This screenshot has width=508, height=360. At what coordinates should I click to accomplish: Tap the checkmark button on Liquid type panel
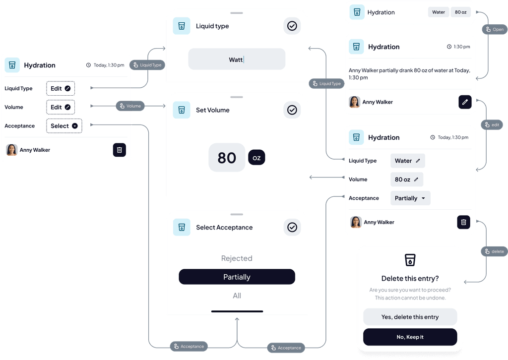coord(292,26)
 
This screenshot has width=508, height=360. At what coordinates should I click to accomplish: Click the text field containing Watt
coord(237,60)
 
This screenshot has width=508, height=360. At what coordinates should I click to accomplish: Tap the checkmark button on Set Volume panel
coord(292,110)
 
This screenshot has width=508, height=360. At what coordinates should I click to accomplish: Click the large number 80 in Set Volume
coord(227,158)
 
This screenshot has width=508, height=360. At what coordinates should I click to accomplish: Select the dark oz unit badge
coord(256,158)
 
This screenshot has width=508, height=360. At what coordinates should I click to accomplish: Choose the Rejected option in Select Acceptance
coord(237,258)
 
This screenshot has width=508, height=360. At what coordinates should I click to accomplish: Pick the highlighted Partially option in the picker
coord(237,277)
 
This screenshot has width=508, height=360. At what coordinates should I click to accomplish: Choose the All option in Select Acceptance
coord(237,296)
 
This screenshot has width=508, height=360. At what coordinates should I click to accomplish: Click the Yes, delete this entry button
coord(410,317)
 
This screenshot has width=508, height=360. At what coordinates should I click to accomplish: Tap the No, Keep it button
coord(410,337)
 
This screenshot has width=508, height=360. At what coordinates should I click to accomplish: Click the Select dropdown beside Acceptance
coord(64,126)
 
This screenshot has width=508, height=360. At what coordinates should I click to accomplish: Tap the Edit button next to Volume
coord(61,107)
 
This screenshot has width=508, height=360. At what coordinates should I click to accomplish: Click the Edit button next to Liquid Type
coord(61,88)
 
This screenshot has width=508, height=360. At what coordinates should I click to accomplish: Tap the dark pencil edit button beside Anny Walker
coord(465,102)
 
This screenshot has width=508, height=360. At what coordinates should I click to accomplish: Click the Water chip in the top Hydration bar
coord(439,12)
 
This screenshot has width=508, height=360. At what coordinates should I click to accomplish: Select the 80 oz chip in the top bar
coord(461,12)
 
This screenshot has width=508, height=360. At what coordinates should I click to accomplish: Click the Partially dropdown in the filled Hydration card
coord(410,198)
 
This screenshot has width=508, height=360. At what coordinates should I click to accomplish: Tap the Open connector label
coord(494,30)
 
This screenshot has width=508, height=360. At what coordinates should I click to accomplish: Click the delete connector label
coord(494,251)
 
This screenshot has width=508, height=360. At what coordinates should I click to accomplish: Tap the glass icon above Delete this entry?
coord(410,260)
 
